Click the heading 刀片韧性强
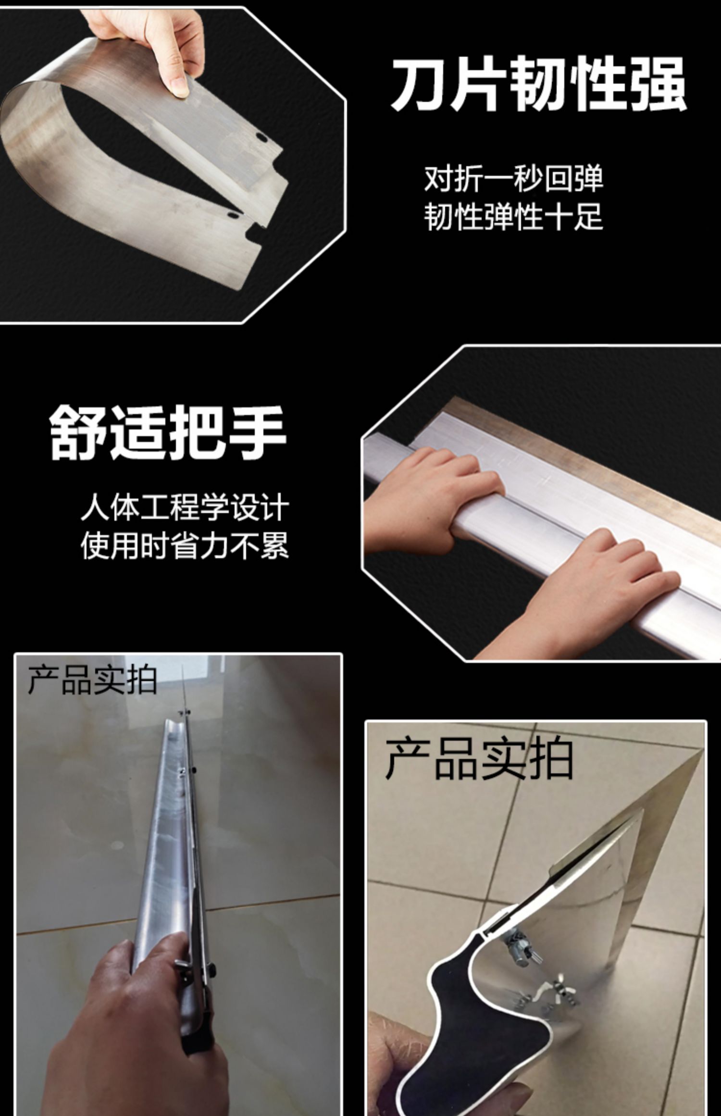[538, 85]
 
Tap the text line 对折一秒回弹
[513, 179]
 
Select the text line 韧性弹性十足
[513, 217]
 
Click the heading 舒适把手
[168, 433]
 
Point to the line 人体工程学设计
[185, 508]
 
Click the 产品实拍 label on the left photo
[92, 680]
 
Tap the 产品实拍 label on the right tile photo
[479, 760]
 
